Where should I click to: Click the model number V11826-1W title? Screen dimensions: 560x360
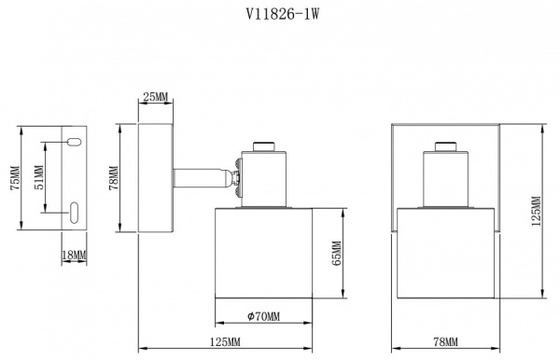pyautogui.click(x=282, y=14)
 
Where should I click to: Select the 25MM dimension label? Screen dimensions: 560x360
pyautogui.click(x=155, y=96)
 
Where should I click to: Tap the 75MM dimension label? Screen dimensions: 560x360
pyautogui.click(x=16, y=178)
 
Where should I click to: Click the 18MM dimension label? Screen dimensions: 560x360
pyautogui.click(x=75, y=256)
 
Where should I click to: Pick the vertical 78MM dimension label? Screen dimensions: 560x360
pyautogui.click(x=114, y=178)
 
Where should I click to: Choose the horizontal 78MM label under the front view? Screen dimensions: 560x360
pyautogui.click(x=446, y=342)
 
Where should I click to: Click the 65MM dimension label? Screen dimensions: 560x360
pyautogui.click(x=336, y=254)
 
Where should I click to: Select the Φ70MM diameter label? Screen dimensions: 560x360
pyautogui.click(x=264, y=316)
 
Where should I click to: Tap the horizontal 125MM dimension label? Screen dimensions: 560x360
pyautogui.click(x=225, y=342)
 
